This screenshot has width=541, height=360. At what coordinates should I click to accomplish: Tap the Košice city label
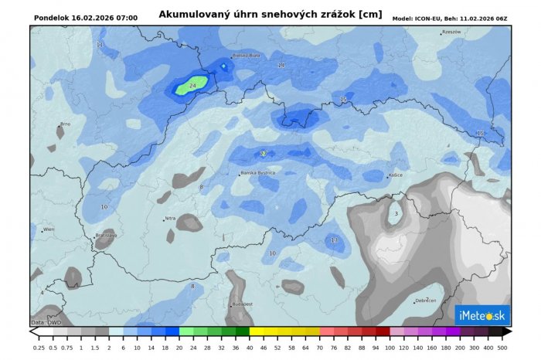(396, 175)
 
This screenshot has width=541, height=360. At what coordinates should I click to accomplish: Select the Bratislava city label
(105, 235)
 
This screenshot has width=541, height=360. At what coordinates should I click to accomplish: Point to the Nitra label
(170, 219)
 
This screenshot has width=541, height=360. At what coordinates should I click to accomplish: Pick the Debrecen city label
(425, 301)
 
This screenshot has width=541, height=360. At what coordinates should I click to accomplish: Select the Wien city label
(49, 229)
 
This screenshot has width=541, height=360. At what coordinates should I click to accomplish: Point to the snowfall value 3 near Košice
(396, 214)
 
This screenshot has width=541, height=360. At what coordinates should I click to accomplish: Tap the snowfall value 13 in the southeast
(334, 240)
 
